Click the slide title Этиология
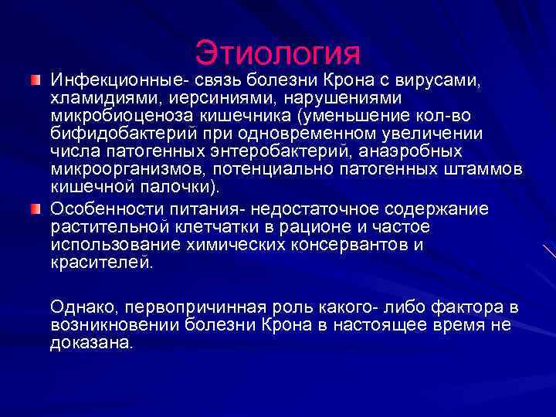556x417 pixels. pyautogui.click(x=278, y=52)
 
